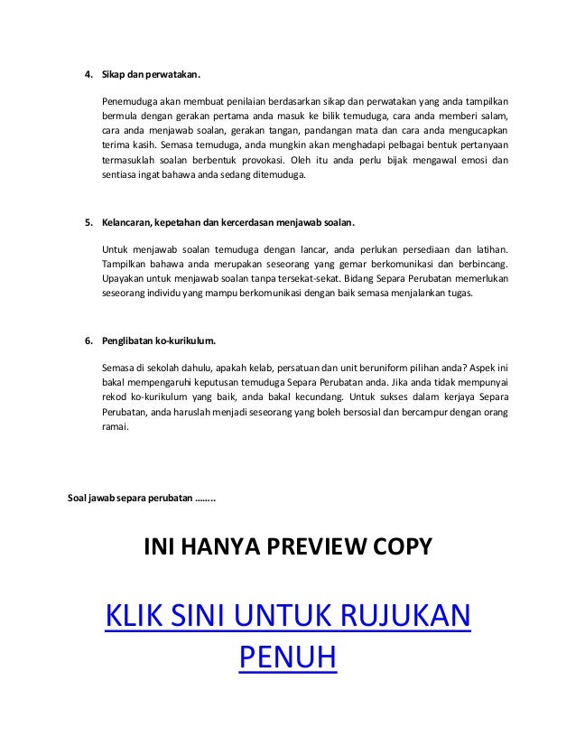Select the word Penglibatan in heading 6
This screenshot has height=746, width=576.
(x=132, y=341)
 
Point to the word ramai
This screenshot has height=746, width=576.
(x=116, y=430)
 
